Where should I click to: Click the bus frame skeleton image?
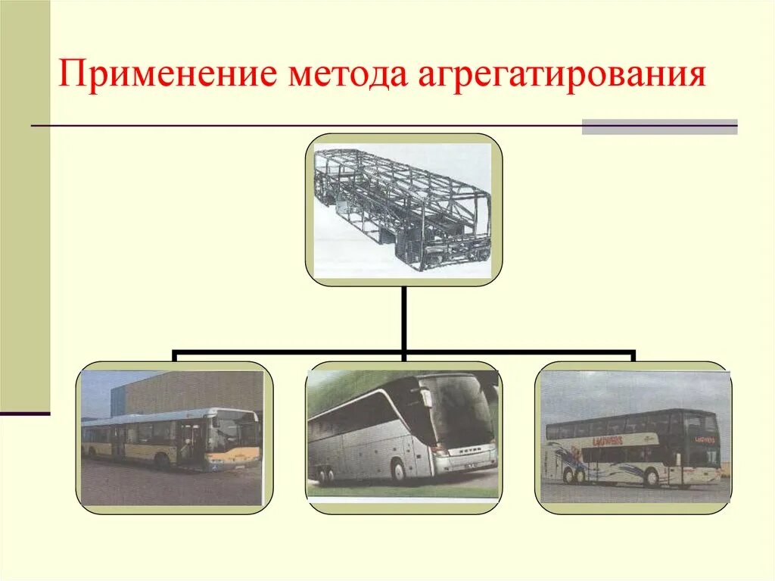coord(403,210)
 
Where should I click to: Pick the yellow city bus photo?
coord(173,438)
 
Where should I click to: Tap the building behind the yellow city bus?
coord(189,390)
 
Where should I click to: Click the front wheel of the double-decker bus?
coord(652,478)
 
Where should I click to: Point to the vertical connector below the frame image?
coord(405,318)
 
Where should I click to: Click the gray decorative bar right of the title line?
coord(659,127)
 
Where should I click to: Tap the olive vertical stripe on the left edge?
coord(25,205)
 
